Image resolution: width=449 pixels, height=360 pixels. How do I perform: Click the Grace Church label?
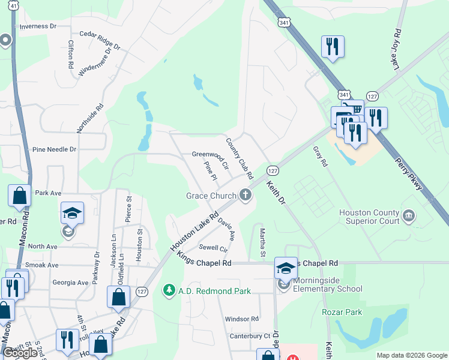point(211,196)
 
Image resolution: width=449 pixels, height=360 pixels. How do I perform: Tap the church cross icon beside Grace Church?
point(244,194)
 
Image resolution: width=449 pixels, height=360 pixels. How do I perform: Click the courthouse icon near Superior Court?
point(409,215)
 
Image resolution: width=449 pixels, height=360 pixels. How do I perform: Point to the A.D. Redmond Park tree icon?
point(170,290)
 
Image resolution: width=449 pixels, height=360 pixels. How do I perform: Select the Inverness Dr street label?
point(38,26)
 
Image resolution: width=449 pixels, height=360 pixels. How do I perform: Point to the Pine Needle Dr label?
point(55,149)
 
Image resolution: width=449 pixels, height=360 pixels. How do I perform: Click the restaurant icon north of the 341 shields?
point(332,47)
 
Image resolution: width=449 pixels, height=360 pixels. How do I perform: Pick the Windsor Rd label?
point(241,319)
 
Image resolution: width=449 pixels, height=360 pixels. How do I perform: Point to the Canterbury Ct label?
point(252,335)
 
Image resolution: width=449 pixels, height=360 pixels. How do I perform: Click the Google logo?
point(20,353)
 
